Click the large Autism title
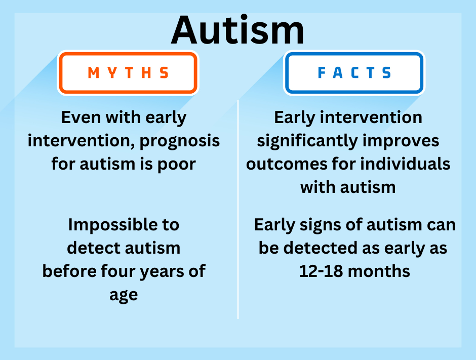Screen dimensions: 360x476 (x=237, y=30)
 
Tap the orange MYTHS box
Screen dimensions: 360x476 (x=128, y=73)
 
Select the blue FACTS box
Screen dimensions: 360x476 (x=354, y=73)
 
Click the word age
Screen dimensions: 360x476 (x=124, y=294)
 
